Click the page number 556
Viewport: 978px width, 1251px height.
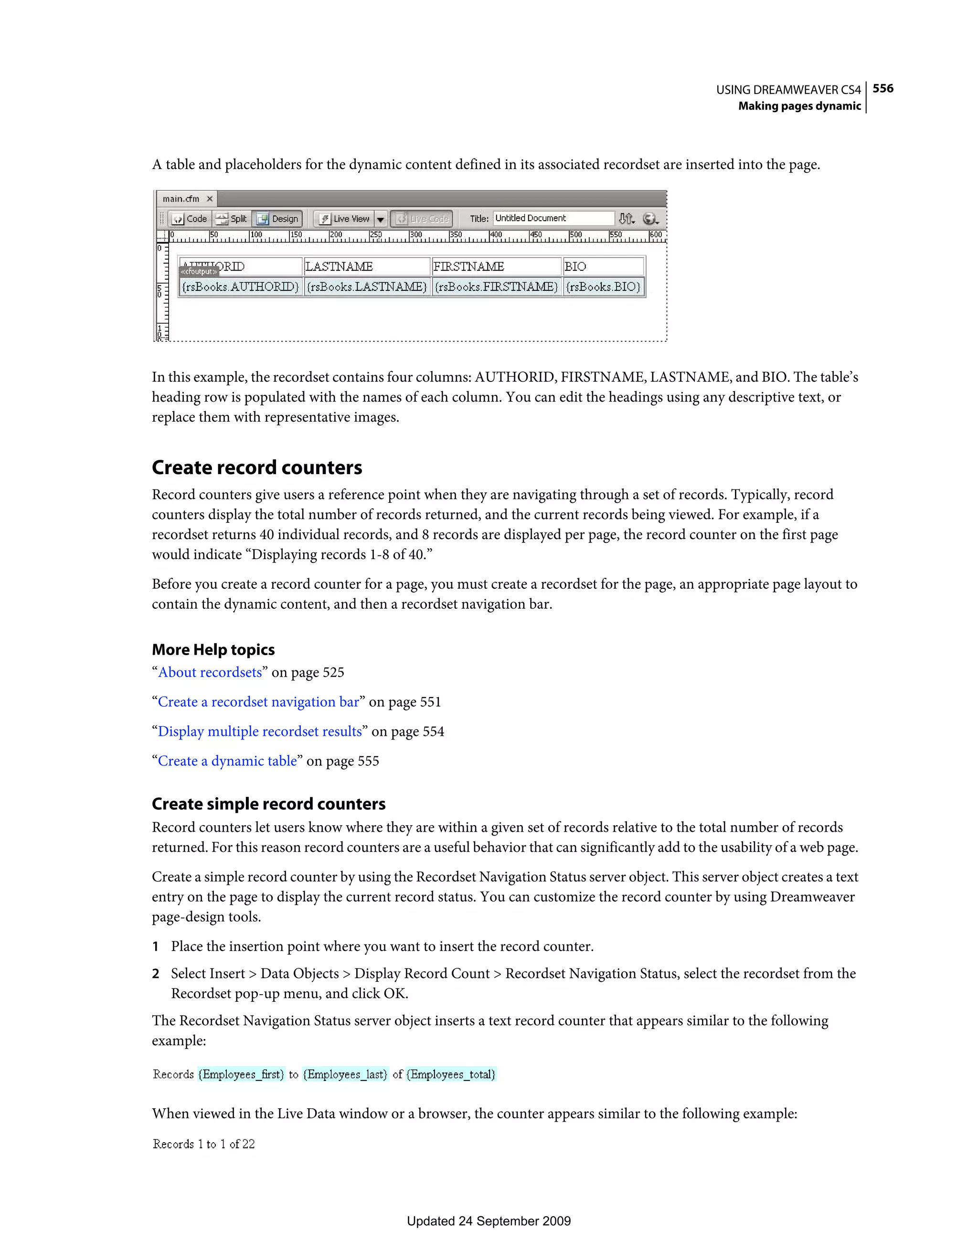(x=882, y=88)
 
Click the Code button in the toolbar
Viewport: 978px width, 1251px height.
(x=190, y=219)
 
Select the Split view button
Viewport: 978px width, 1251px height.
(x=232, y=219)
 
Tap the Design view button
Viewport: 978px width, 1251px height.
(x=278, y=219)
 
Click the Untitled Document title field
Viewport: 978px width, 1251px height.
(x=553, y=218)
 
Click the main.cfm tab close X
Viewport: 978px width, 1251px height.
(x=210, y=199)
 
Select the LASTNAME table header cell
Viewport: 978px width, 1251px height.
(x=366, y=266)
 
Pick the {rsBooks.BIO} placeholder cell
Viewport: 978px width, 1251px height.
(x=603, y=286)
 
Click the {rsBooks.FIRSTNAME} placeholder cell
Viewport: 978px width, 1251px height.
(x=496, y=286)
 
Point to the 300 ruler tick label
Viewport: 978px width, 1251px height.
(x=416, y=235)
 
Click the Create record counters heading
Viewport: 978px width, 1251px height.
(x=256, y=467)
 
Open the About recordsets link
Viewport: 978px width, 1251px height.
(x=210, y=672)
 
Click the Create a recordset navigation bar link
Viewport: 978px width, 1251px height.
(x=258, y=702)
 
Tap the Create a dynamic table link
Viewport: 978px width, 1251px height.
(x=227, y=761)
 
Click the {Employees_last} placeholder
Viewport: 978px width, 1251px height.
(x=345, y=1075)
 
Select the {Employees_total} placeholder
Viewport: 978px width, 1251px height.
(x=451, y=1075)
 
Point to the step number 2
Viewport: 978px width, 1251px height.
(x=155, y=974)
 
